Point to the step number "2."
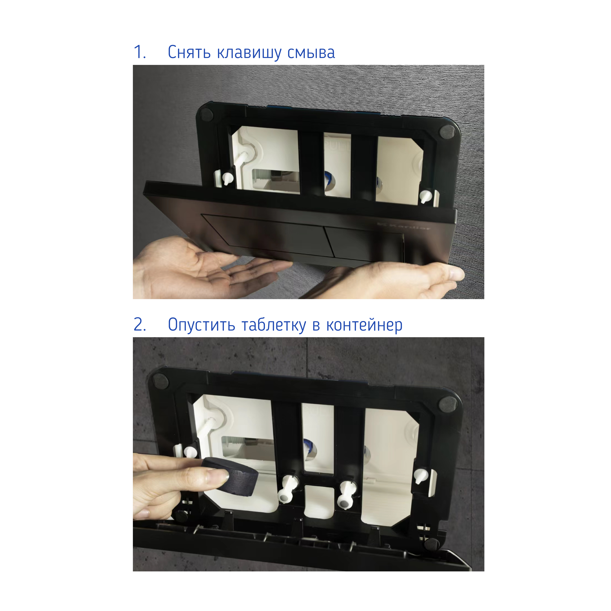140,324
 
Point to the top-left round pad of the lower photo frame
160,379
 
